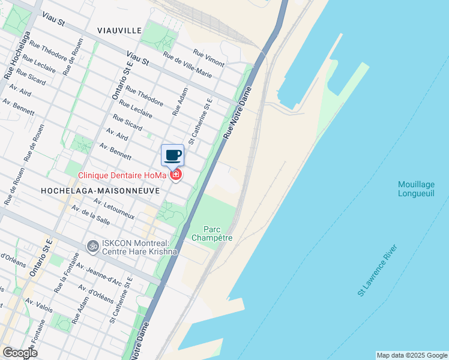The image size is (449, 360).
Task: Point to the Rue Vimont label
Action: click(x=208, y=58)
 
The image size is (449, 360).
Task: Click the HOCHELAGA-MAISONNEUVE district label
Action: click(x=100, y=190)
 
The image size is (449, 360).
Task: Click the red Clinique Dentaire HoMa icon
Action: click(x=176, y=175)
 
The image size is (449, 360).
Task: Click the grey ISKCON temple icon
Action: click(x=92, y=245)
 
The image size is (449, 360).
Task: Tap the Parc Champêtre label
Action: click(x=211, y=233)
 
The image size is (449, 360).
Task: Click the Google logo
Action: click(x=19, y=353)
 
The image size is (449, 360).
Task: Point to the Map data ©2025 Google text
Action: click(x=412, y=355)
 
